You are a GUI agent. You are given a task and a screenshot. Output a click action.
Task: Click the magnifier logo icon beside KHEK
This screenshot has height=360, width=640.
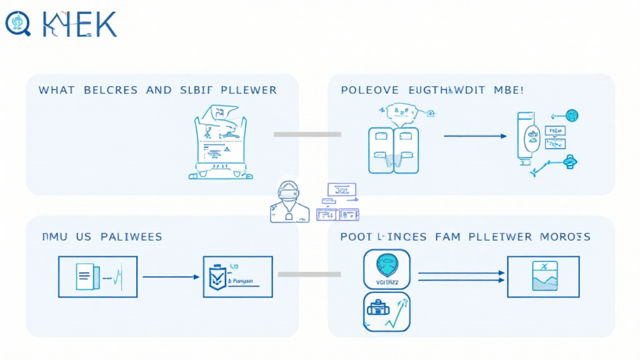(x=17, y=24)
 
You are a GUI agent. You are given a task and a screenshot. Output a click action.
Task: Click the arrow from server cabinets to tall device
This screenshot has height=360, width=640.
(x=475, y=136)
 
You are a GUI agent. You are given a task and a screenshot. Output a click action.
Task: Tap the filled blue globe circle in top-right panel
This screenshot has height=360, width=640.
(x=571, y=116)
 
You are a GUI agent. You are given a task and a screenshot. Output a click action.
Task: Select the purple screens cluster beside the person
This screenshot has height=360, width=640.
(x=337, y=202)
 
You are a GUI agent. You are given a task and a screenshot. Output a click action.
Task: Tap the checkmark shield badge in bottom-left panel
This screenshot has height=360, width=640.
(x=216, y=277)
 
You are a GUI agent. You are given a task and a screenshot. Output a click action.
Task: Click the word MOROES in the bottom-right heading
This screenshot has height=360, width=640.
(x=566, y=237)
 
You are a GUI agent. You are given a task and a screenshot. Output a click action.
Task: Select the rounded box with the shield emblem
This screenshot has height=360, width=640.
(x=386, y=269)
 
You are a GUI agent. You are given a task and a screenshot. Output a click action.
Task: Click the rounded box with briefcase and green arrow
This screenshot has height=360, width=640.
(x=386, y=311)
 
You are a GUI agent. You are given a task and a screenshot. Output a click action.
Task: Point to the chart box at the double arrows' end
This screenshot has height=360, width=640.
(x=543, y=276)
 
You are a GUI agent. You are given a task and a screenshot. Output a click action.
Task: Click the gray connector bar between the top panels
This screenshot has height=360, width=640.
(x=307, y=134)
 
